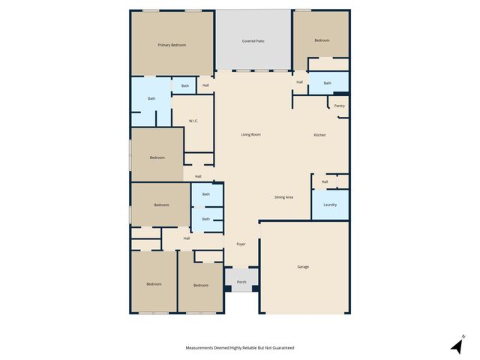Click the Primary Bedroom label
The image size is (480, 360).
172,45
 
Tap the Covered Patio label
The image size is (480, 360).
253,40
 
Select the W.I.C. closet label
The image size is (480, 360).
193,120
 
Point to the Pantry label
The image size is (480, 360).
340,106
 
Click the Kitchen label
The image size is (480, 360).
319,134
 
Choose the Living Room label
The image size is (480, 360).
250,134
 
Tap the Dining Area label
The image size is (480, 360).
283,196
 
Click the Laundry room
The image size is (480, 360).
330,204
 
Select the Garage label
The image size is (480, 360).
303,266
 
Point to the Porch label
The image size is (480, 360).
241,282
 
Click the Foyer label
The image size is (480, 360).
241,244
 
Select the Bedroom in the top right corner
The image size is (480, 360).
321,40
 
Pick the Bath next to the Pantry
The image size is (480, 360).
328,82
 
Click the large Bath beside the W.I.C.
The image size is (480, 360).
151,98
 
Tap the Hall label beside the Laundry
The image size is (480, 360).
325,181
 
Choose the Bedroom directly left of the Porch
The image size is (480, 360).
200,285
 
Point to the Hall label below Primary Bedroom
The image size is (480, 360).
205,85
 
